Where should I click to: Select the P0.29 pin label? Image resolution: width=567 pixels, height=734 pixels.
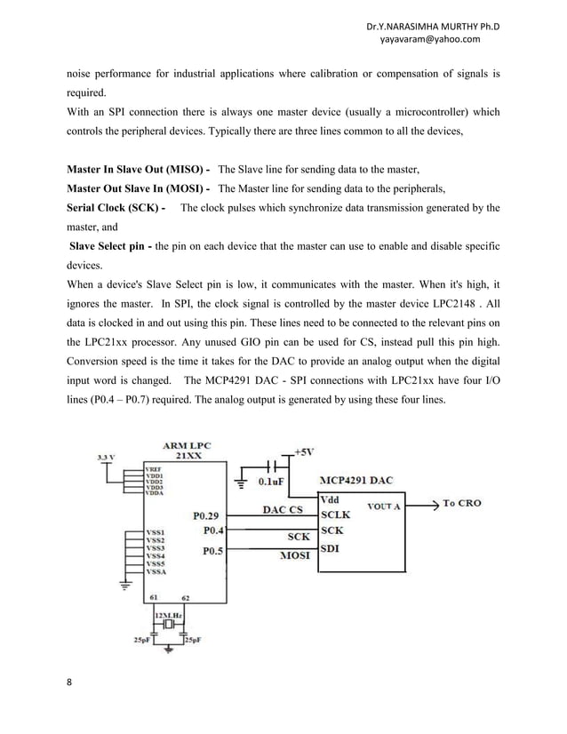click(208, 514)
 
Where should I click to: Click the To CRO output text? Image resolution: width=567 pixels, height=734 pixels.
click(462, 503)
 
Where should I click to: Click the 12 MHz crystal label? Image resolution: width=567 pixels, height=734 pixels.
click(169, 615)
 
